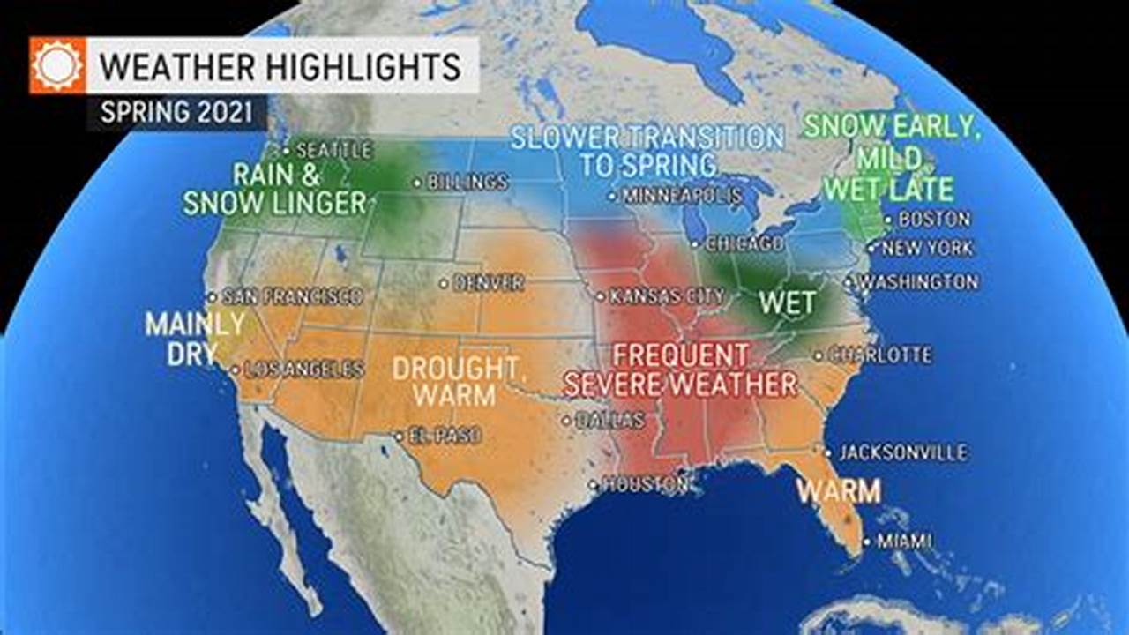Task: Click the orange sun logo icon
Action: click(x=58, y=65)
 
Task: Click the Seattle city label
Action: click(x=333, y=150)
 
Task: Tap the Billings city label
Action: click(x=467, y=183)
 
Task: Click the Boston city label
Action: click(x=934, y=219)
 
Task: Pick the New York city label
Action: click(x=927, y=249)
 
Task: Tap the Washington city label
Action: click(x=918, y=282)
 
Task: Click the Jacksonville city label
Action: click(x=902, y=452)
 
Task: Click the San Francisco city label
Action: click(x=292, y=296)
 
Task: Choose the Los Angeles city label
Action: click(x=303, y=370)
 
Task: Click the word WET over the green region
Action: click(x=788, y=303)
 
